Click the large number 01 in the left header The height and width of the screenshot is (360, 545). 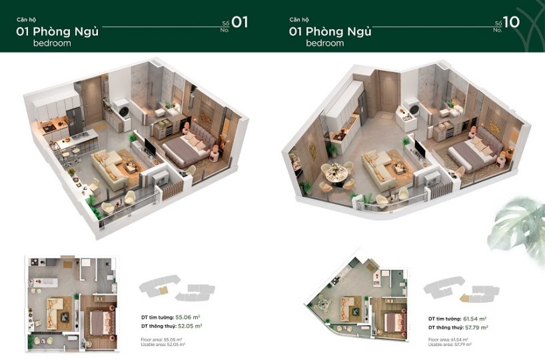pyautogui.click(x=240, y=22)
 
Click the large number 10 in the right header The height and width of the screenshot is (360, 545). pyautogui.click(x=511, y=22)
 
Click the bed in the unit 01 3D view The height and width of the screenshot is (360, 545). pyautogui.click(x=183, y=143)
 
